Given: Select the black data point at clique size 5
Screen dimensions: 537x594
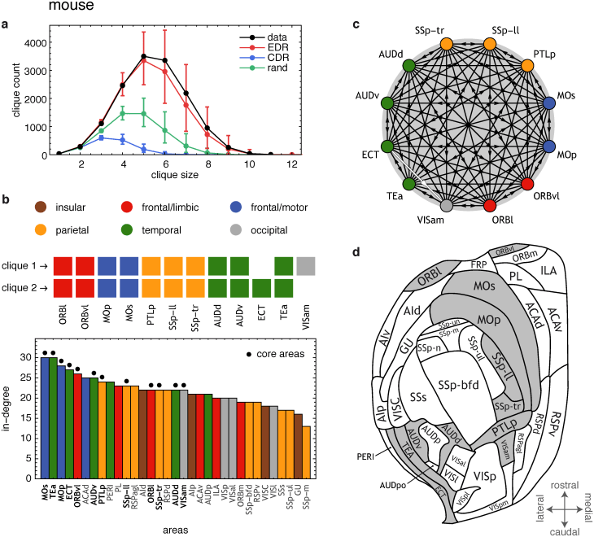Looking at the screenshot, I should [144, 56].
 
